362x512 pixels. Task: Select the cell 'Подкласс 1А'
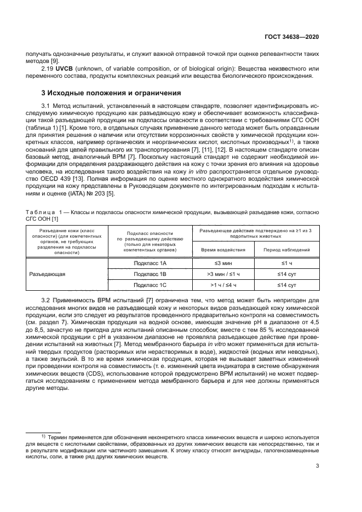(x=150, y=263)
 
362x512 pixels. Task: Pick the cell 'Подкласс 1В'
(x=150, y=274)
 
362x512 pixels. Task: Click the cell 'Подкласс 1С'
(x=150, y=285)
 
